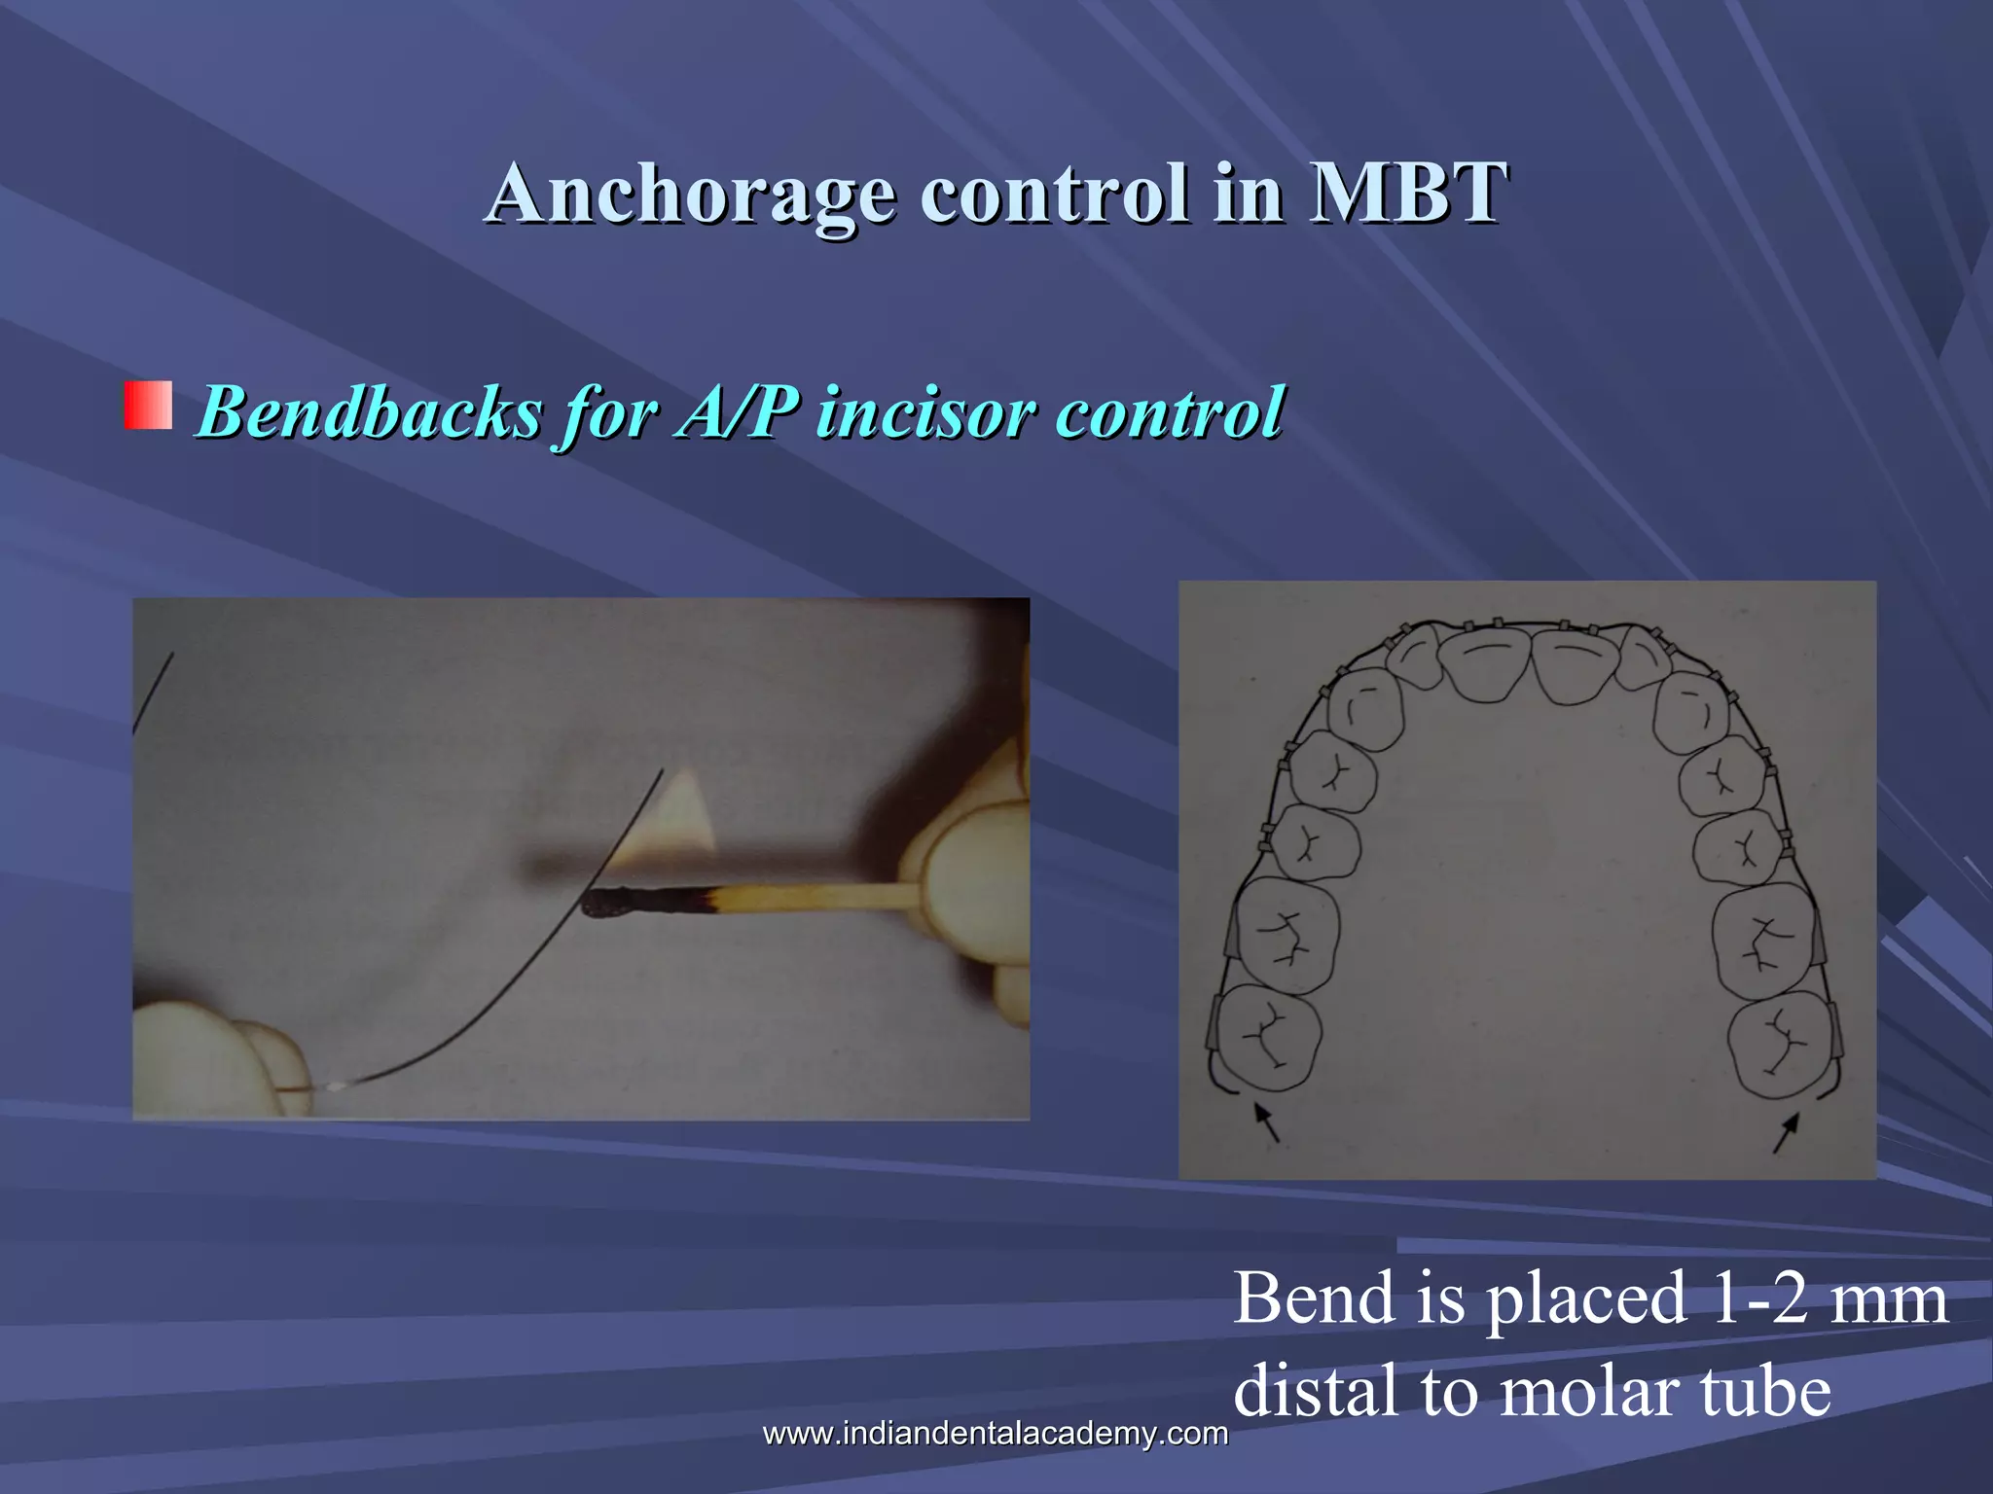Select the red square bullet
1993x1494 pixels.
click(148, 406)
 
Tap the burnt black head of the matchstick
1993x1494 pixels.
click(609, 904)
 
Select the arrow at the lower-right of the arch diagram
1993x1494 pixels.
click(1786, 1132)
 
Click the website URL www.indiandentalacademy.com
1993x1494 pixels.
click(995, 1433)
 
